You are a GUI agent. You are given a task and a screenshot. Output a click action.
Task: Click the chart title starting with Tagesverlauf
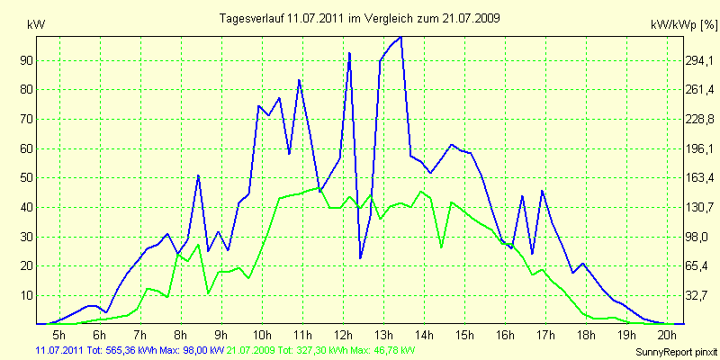click(360, 18)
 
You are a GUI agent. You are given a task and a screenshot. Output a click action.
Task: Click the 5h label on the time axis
click(58, 335)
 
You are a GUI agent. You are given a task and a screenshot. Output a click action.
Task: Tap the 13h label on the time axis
click(382, 335)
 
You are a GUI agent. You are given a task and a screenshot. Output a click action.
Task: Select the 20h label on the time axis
click(666, 335)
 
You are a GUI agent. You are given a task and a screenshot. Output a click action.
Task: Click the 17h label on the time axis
click(544, 335)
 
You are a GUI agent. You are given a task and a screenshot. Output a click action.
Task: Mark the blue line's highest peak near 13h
click(400, 37)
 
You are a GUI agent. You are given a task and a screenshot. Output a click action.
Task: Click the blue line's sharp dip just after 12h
click(360, 258)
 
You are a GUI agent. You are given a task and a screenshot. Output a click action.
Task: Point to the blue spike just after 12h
click(349, 54)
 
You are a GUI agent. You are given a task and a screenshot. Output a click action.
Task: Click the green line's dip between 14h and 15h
click(441, 247)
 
